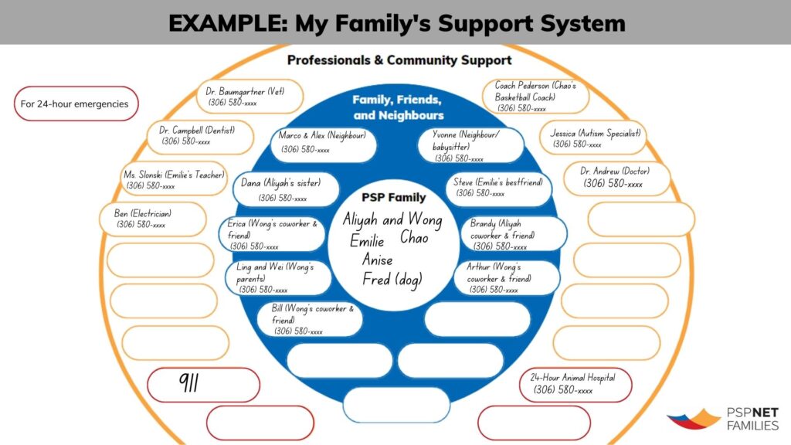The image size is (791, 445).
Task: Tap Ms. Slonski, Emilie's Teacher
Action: pos(174,180)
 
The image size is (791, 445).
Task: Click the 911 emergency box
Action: pos(204,384)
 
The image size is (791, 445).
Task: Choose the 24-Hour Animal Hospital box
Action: pos(576,384)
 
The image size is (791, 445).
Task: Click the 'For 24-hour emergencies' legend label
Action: pos(75,104)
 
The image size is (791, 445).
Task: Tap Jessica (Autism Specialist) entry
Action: pos(594,138)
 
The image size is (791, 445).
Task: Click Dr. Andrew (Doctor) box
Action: pos(616,178)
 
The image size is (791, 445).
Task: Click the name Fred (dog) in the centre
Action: pos(392,280)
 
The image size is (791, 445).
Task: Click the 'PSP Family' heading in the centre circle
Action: pos(394,197)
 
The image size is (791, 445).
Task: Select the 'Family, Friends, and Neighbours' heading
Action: pos(397,108)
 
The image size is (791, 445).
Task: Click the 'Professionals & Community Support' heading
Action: pos(399,60)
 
